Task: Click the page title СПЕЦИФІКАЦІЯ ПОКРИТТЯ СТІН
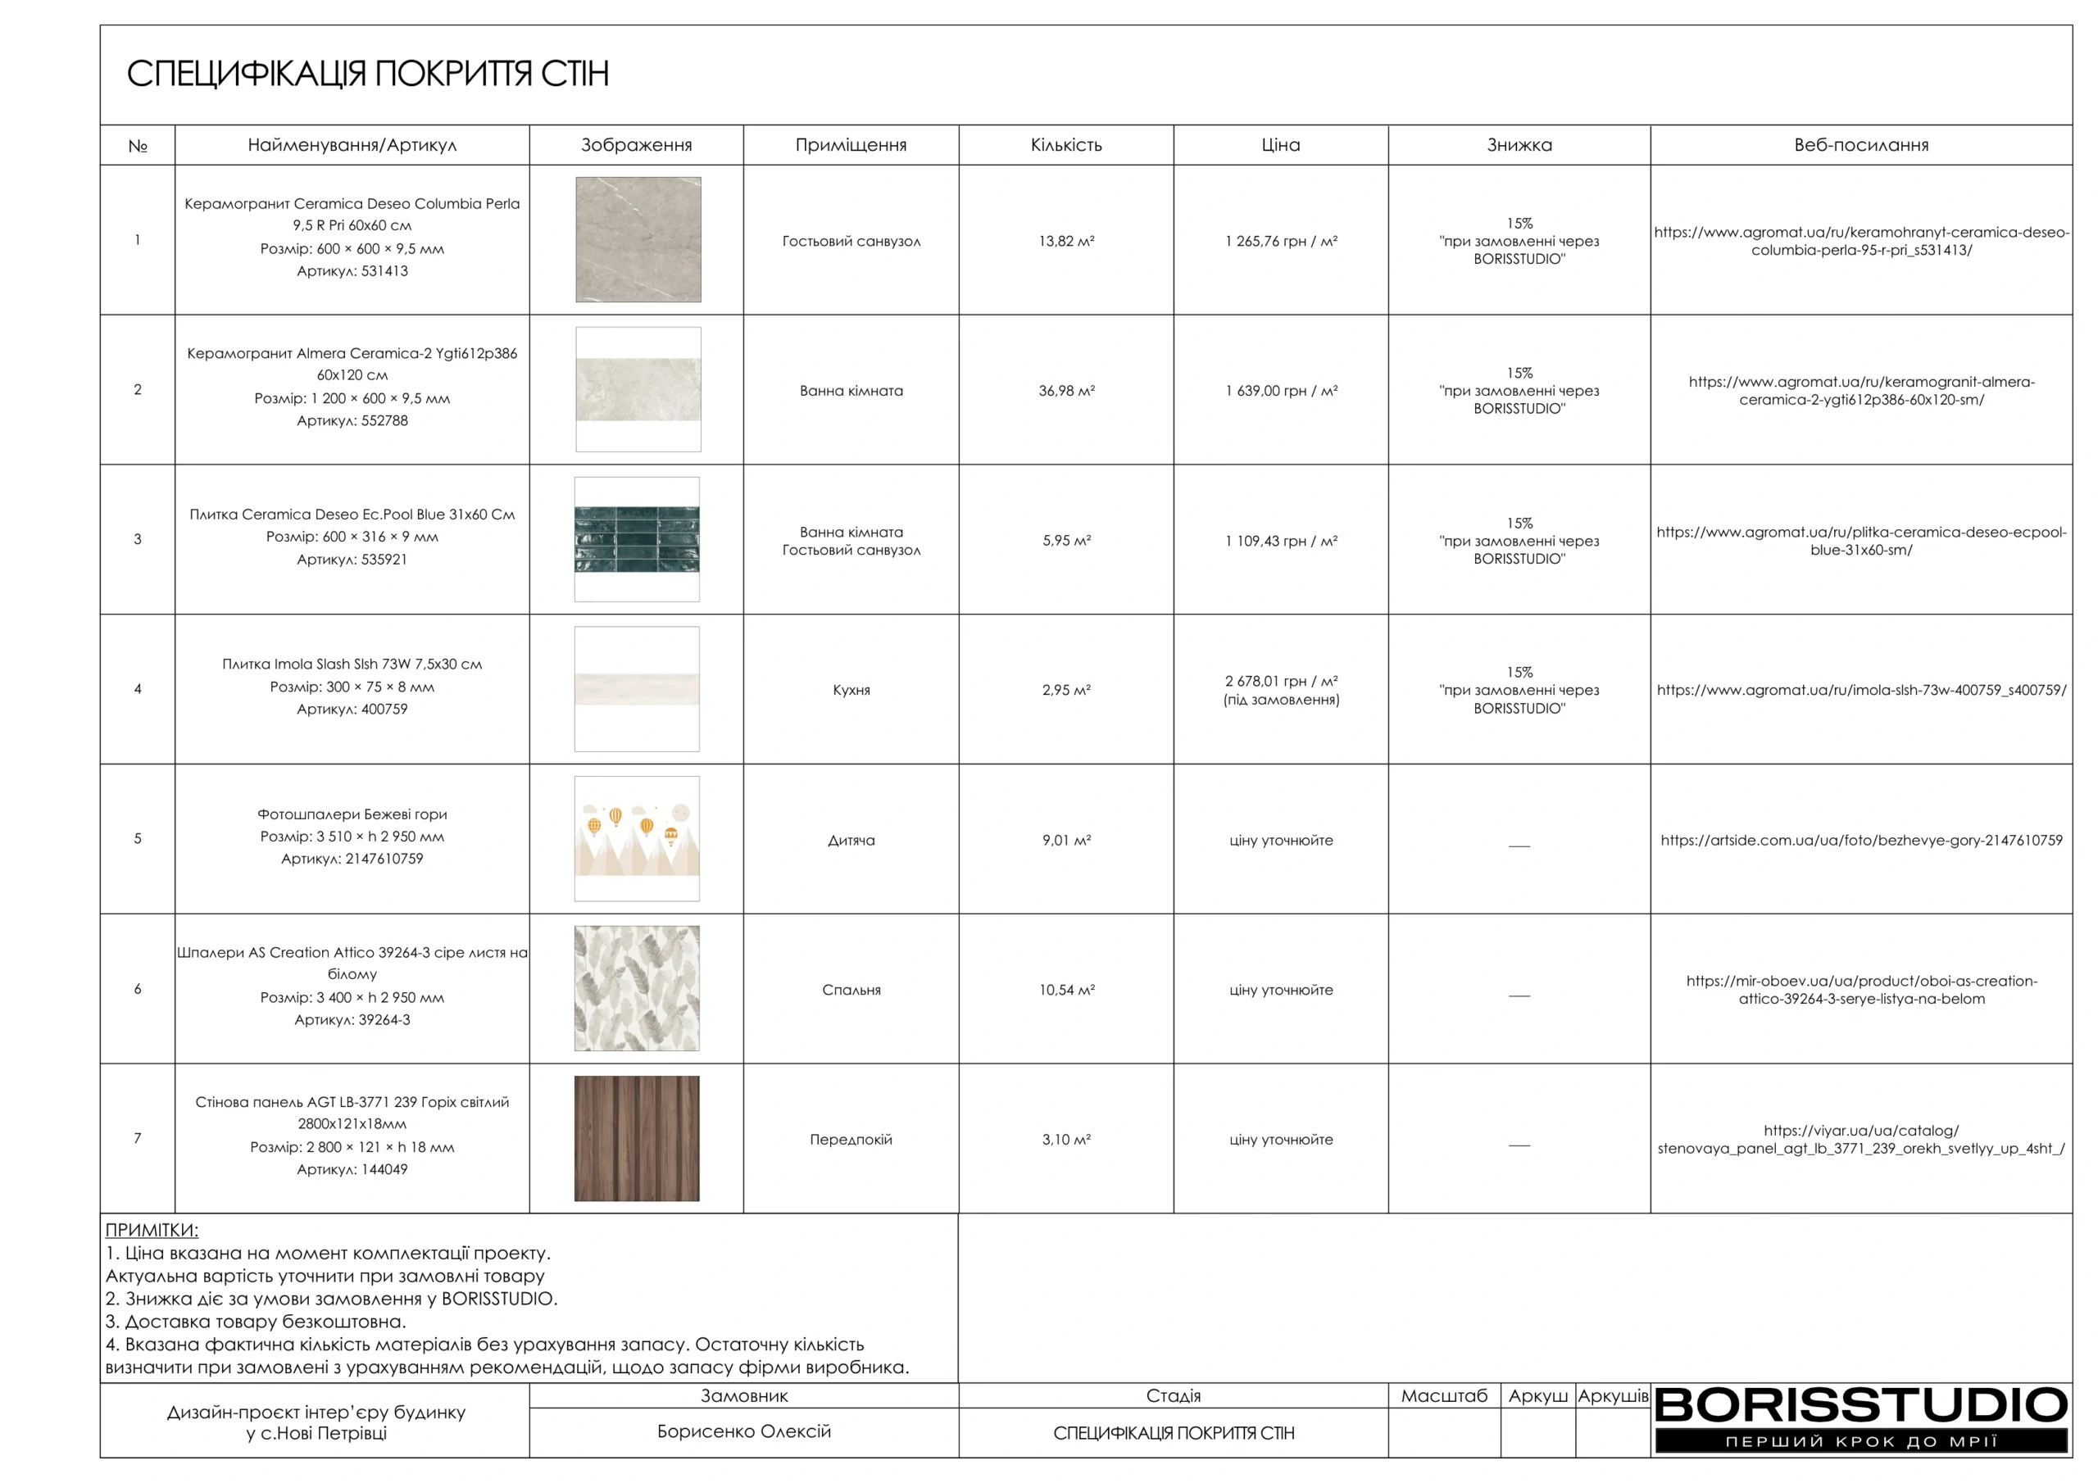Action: click(367, 74)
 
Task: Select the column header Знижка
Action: click(1519, 145)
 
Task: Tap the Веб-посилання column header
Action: click(1860, 145)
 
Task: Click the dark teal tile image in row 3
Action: click(637, 539)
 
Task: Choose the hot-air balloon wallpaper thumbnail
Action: click(637, 838)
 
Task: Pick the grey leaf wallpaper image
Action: click(637, 988)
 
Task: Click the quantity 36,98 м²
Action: click(1066, 391)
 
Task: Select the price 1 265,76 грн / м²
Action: click(1281, 241)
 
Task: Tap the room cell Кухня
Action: click(851, 690)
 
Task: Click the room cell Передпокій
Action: click(851, 1140)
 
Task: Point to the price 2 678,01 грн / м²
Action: click(1281, 682)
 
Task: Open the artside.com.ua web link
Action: click(1861, 840)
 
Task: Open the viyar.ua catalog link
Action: click(1861, 1140)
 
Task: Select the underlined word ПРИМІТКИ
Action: click(152, 1230)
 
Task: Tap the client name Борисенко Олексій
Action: click(744, 1431)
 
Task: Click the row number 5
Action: click(138, 839)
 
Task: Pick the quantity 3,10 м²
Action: click(1066, 1140)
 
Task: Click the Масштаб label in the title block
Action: click(1444, 1395)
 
